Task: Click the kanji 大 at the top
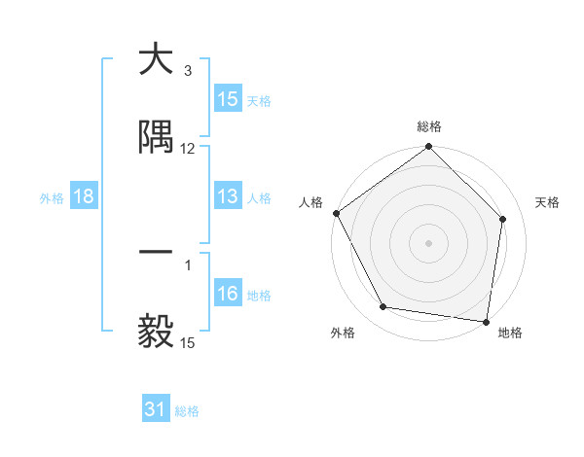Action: pos(156,60)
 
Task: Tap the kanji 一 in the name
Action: pos(156,253)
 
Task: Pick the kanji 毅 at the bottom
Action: pos(156,332)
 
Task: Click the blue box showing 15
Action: pos(228,99)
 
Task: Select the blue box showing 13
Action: pos(228,196)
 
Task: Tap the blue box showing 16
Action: pos(228,294)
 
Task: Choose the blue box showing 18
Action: pos(84,196)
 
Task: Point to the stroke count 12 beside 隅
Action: pos(188,149)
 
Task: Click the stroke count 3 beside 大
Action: pos(187,71)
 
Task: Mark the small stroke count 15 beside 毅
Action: pos(188,343)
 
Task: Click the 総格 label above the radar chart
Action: pos(429,126)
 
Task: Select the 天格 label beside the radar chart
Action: pos(548,202)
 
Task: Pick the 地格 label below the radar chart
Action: pos(510,333)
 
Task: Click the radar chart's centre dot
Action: pos(429,242)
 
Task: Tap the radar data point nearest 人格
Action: pos(336,213)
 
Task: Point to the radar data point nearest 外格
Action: pos(383,307)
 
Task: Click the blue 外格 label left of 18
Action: pos(52,197)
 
